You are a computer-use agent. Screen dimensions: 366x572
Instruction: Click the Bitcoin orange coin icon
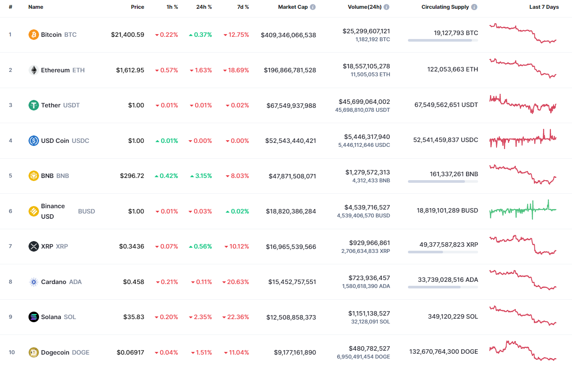click(34, 35)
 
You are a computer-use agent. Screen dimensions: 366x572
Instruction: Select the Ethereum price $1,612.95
click(130, 70)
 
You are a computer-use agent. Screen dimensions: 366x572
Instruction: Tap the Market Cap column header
click(293, 7)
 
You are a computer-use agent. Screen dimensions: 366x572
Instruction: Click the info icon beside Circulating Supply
click(475, 7)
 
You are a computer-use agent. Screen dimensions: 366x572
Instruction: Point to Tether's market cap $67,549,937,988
click(291, 106)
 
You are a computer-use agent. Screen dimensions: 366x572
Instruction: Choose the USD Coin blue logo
click(34, 141)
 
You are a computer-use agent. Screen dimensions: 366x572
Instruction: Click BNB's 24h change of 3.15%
click(201, 176)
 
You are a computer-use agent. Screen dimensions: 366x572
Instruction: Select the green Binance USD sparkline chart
click(523, 210)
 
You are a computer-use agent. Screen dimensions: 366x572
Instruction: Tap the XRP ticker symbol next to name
click(62, 246)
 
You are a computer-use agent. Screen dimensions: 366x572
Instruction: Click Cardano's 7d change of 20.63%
click(236, 282)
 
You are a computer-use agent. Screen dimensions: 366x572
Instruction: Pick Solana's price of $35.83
click(132, 317)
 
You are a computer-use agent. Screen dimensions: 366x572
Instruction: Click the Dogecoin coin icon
click(34, 352)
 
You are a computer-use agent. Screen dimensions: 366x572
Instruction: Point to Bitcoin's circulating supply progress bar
click(443, 40)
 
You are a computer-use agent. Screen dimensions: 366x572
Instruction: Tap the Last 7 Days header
click(544, 7)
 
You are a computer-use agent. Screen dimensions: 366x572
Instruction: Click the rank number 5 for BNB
click(11, 176)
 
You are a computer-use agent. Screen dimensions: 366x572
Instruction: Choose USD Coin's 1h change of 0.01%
click(167, 141)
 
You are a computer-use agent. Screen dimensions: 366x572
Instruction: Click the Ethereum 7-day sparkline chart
click(523, 68)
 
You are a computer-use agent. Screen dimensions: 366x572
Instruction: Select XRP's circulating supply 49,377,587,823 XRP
click(448, 245)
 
